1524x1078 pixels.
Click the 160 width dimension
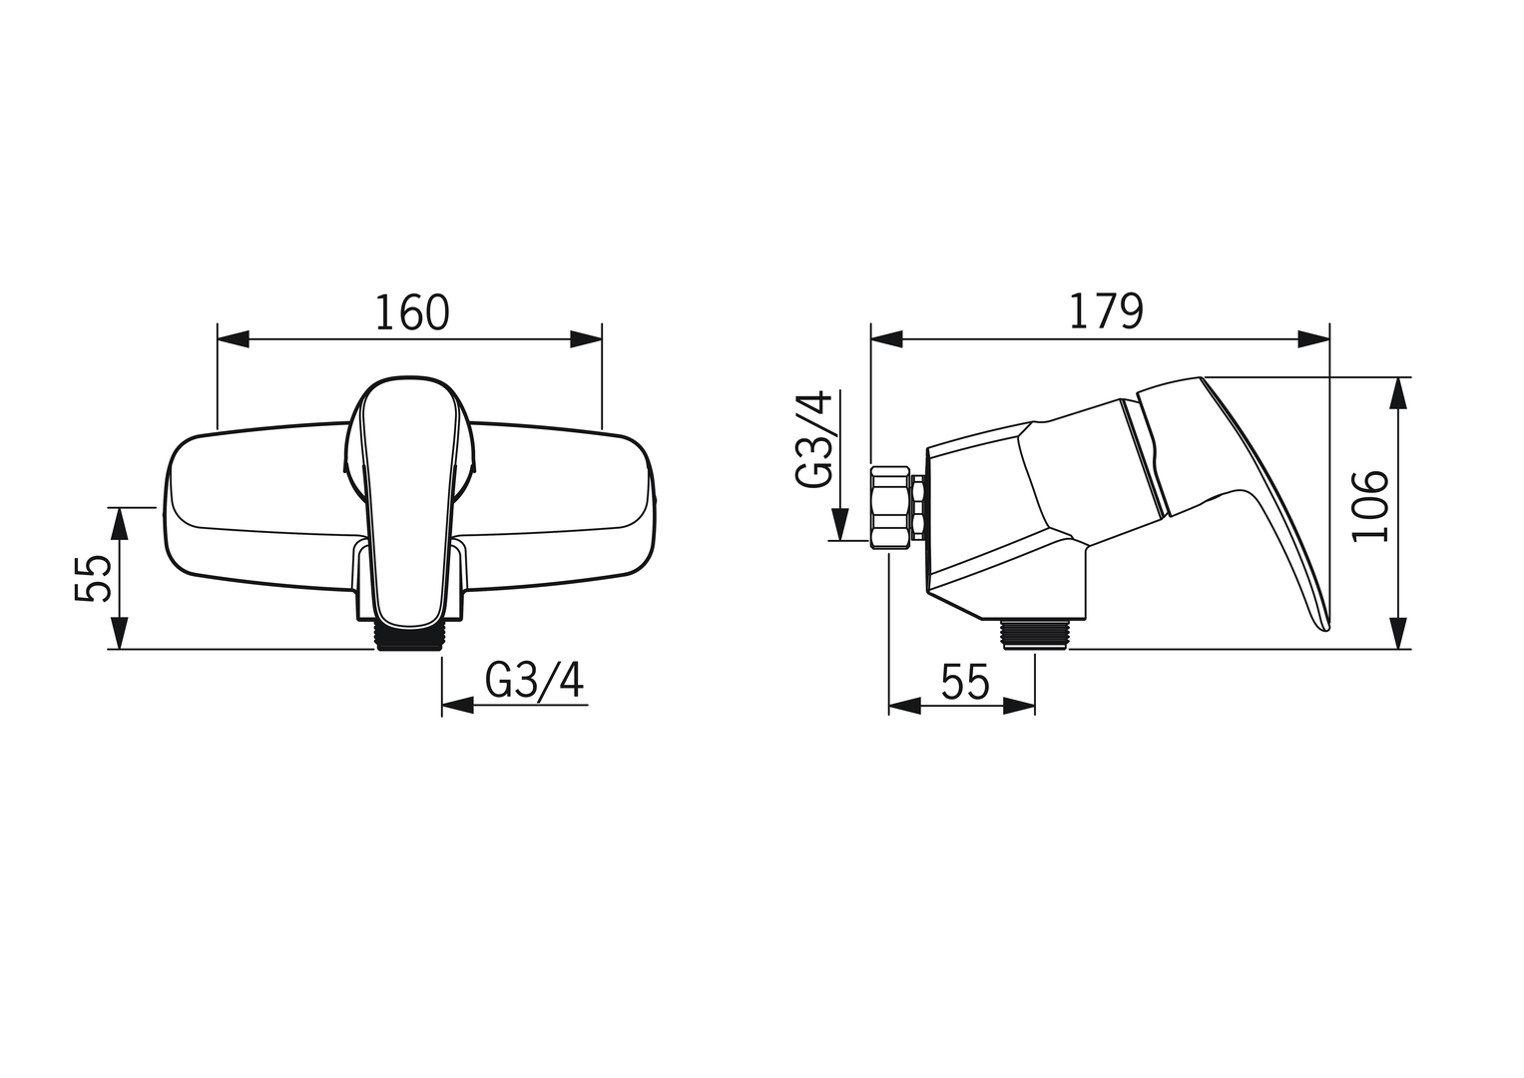pos(412,312)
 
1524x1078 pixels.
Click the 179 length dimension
pos(1106,311)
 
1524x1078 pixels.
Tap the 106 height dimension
pos(1369,506)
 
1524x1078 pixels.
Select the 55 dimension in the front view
pos(93,578)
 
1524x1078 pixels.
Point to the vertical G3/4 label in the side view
pos(813,439)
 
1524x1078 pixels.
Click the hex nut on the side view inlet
pos(892,506)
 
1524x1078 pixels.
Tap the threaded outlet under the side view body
pos(1035,634)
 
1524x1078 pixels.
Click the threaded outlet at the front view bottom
pos(408,637)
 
